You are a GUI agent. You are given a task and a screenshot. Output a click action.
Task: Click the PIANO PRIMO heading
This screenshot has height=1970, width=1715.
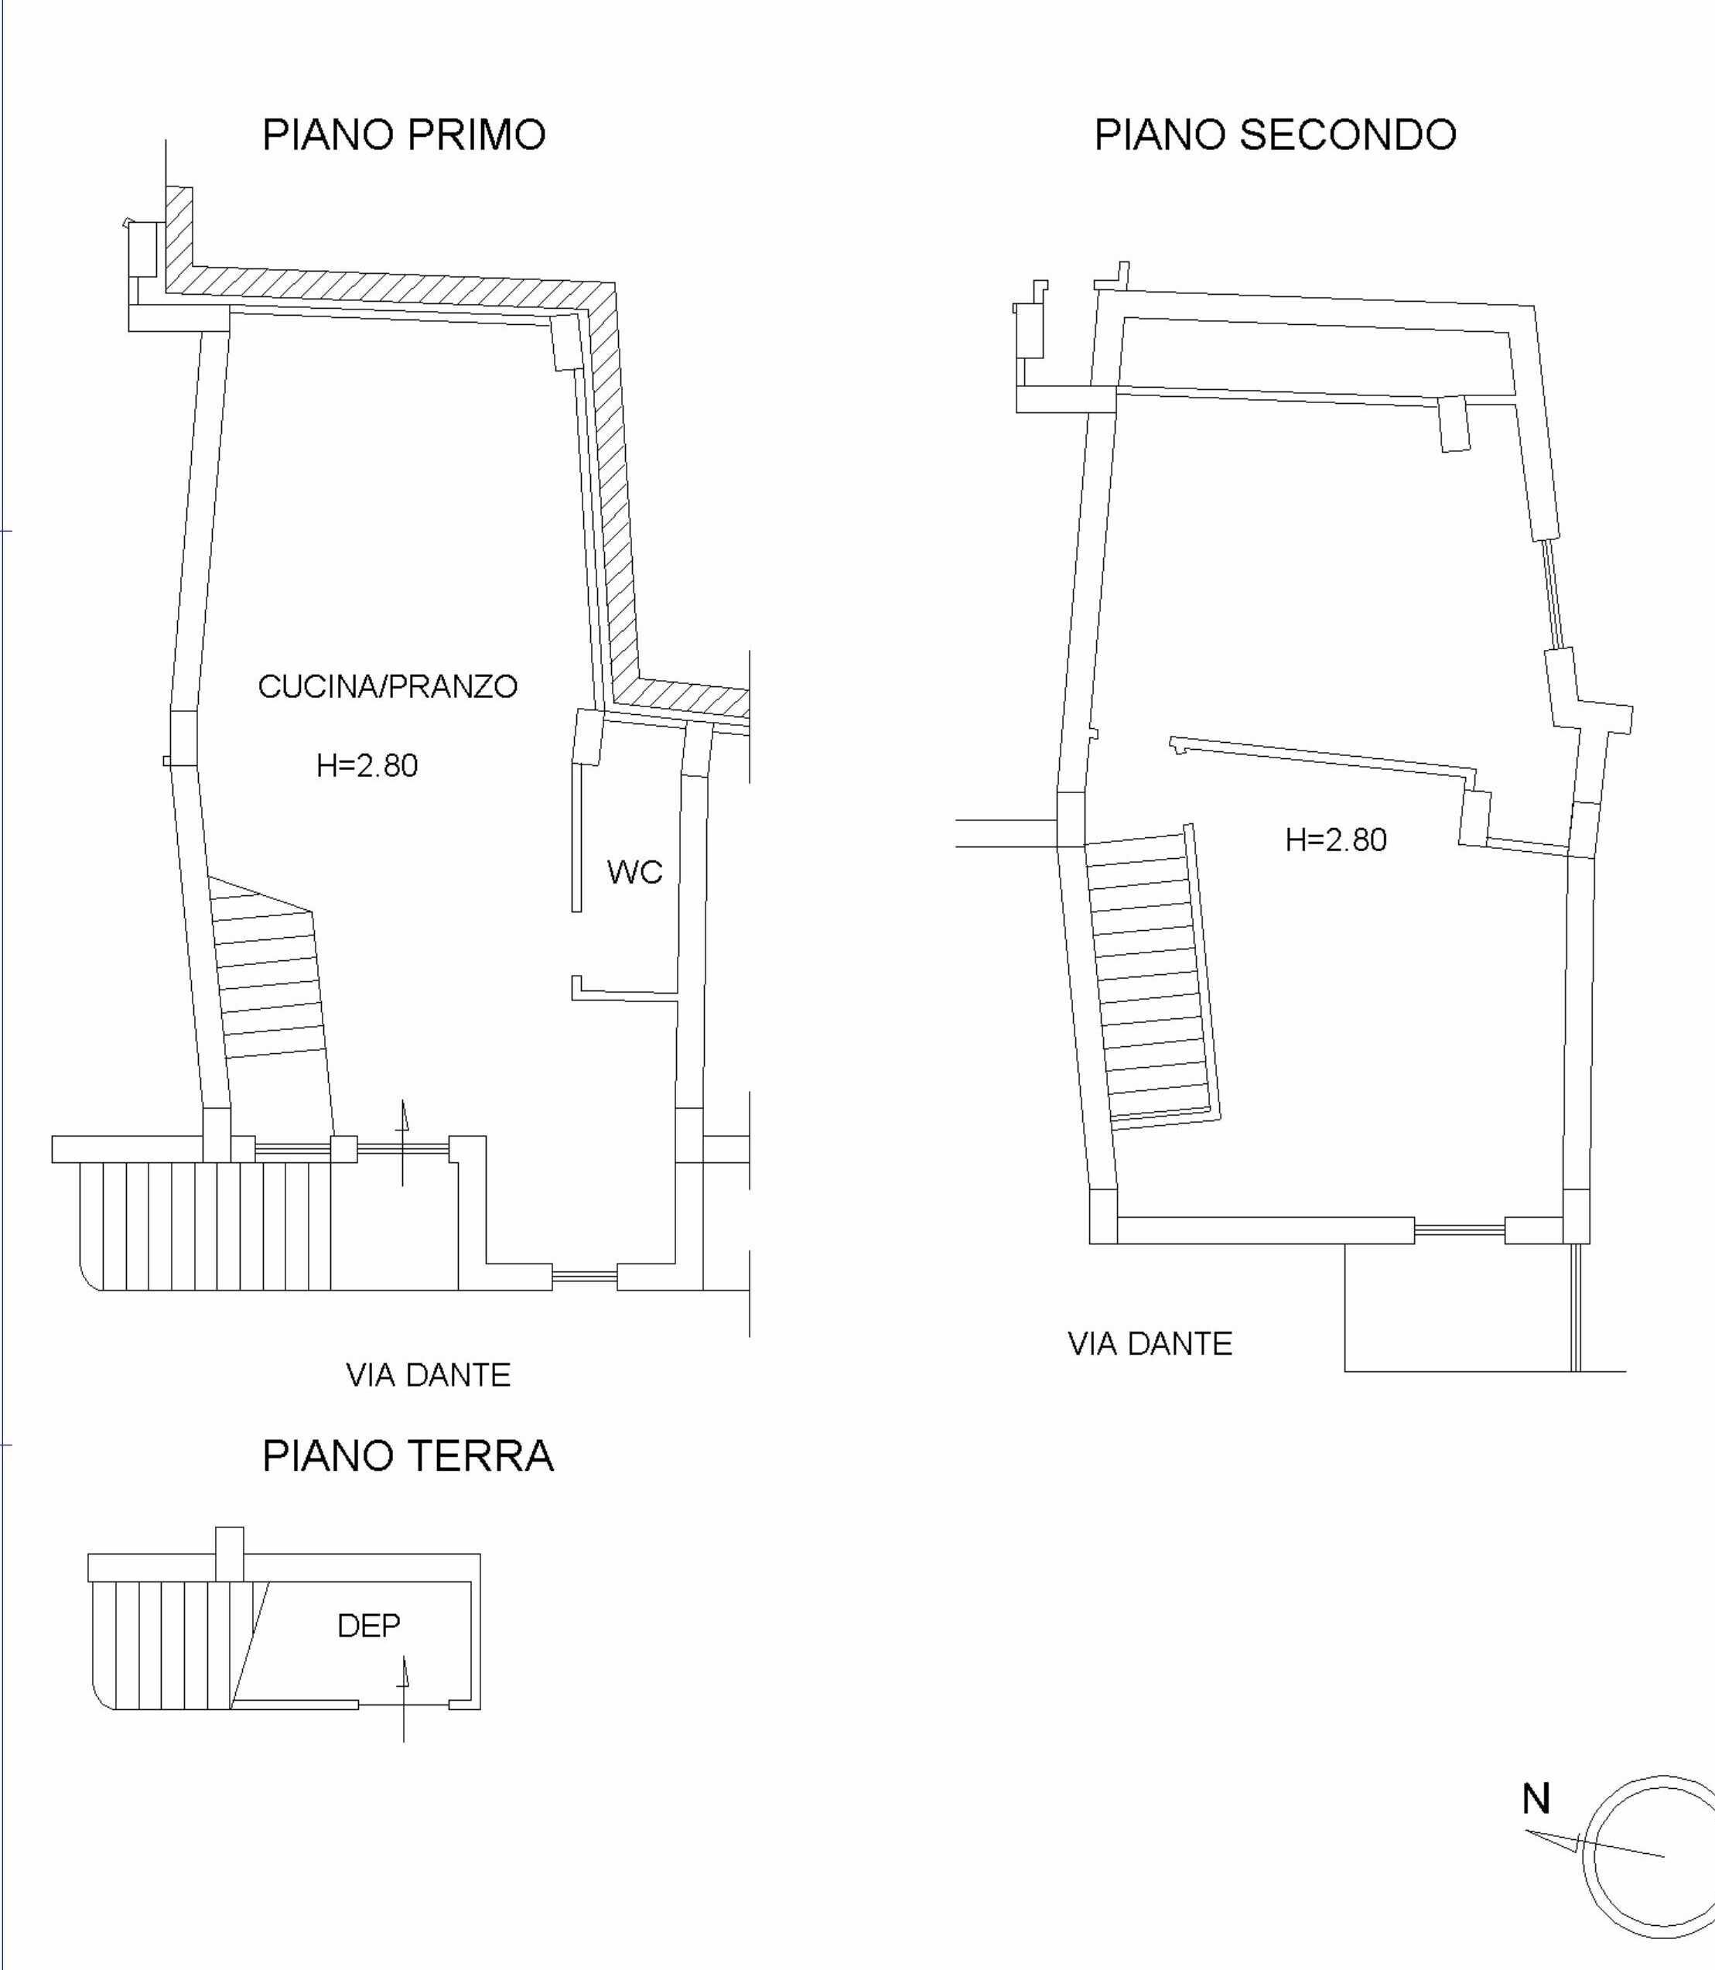pos(404,135)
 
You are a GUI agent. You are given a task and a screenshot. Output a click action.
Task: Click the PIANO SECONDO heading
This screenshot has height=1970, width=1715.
pos(1275,135)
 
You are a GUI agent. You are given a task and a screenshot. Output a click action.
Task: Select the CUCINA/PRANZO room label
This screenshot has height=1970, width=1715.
pos(388,686)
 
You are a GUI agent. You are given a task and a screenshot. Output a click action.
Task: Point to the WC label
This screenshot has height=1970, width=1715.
pos(634,872)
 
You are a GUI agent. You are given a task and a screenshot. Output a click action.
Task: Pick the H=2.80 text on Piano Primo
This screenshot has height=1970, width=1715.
pos(367,766)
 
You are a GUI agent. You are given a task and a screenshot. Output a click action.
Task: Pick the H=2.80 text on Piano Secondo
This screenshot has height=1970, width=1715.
pos(1336,840)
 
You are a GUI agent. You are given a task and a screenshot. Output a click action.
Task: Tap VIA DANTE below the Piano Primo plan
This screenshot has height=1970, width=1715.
pos(428,1376)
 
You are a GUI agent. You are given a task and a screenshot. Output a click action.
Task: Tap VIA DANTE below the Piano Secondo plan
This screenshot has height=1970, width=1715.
pos(1150,1344)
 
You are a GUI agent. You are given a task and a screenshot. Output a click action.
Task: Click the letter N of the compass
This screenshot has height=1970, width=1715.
pos(1536,1800)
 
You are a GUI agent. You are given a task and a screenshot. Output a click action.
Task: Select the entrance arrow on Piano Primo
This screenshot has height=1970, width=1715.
pos(403,1143)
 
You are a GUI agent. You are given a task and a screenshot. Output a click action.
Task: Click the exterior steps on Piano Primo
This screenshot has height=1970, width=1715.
pos(206,1226)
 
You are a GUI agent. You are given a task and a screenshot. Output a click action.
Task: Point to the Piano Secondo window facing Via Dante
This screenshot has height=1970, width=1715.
pos(1460,1230)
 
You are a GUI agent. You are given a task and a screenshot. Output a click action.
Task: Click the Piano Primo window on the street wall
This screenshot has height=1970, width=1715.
pos(585,1276)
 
